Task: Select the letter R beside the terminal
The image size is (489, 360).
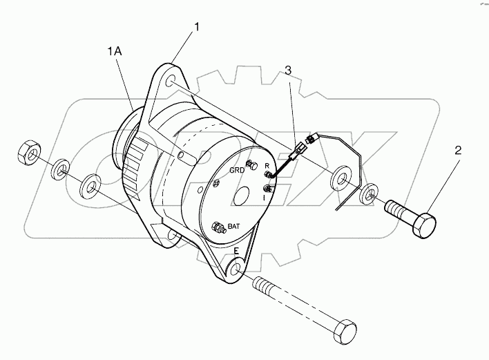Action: tap(267, 167)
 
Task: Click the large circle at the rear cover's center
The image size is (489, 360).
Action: tap(242, 196)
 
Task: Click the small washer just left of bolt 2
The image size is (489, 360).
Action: tap(370, 191)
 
